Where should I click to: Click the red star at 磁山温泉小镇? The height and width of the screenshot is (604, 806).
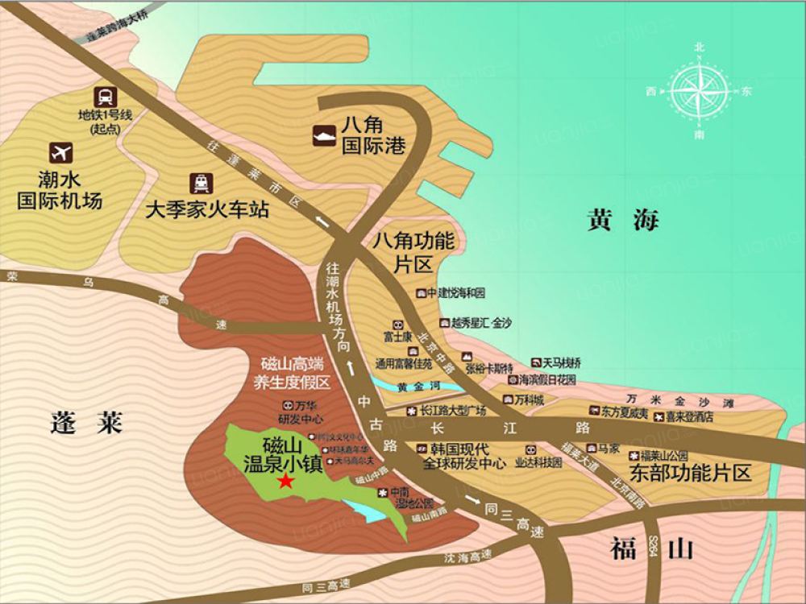pyautogui.click(x=285, y=482)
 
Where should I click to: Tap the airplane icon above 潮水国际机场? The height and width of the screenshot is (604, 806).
pyautogui.click(x=60, y=151)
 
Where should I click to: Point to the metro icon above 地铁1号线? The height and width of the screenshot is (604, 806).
pyautogui.click(x=103, y=97)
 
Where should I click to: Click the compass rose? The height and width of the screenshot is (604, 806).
pyautogui.click(x=699, y=91)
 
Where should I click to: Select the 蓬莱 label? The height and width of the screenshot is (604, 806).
pyautogui.click(x=85, y=422)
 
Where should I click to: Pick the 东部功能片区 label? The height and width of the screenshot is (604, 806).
pyautogui.click(x=690, y=473)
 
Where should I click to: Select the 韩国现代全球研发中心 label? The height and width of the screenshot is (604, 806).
pyautogui.click(x=462, y=456)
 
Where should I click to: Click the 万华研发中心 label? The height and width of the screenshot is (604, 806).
pyautogui.click(x=301, y=412)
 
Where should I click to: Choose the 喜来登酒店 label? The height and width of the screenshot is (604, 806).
pyautogui.click(x=689, y=416)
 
